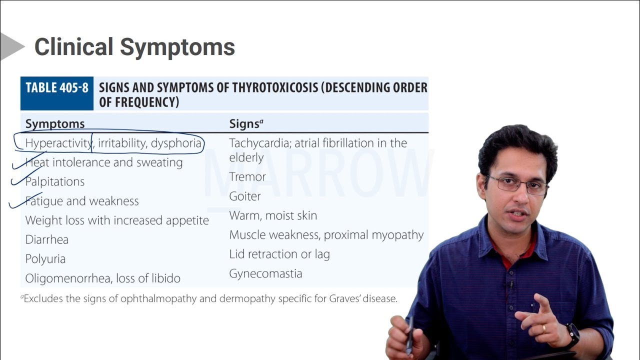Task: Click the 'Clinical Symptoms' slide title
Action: (x=134, y=47)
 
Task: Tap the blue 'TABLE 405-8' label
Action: (x=57, y=88)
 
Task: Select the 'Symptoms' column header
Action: (x=55, y=123)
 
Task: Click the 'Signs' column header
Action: (x=245, y=123)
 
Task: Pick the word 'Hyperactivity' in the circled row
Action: (x=58, y=143)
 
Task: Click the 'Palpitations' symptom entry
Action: (x=55, y=181)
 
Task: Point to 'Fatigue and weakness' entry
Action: (x=82, y=201)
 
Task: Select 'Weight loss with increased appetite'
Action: (x=117, y=220)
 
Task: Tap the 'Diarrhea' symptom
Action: (x=47, y=239)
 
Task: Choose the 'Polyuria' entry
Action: (x=45, y=259)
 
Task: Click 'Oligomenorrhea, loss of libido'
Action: (x=103, y=278)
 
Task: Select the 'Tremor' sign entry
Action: (x=247, y=177)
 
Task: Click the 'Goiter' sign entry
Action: (x=245, y=196)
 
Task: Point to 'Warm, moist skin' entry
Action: (x=273, y=215)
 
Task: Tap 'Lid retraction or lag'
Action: (x=279, y=254)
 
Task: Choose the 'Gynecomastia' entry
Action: (x=265, y=273)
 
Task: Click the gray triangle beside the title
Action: (x=10, y=46)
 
